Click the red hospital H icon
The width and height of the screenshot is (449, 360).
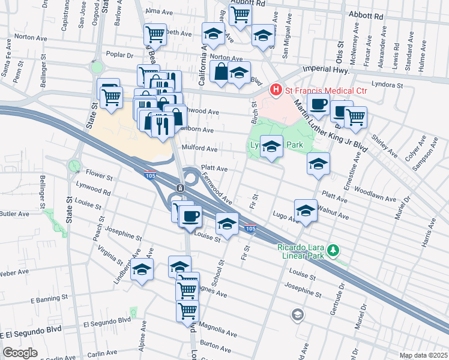pos(276,90)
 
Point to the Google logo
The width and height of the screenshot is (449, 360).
pos(20,353)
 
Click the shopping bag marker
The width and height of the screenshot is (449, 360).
pos(221,71)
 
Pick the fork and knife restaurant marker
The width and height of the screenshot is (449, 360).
pos(161,124)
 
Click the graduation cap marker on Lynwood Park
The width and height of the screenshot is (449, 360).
pos(271,146)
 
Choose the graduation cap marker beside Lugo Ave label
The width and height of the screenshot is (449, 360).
pos(306,211)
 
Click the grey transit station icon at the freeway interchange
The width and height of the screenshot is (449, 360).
pos(180,188)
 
